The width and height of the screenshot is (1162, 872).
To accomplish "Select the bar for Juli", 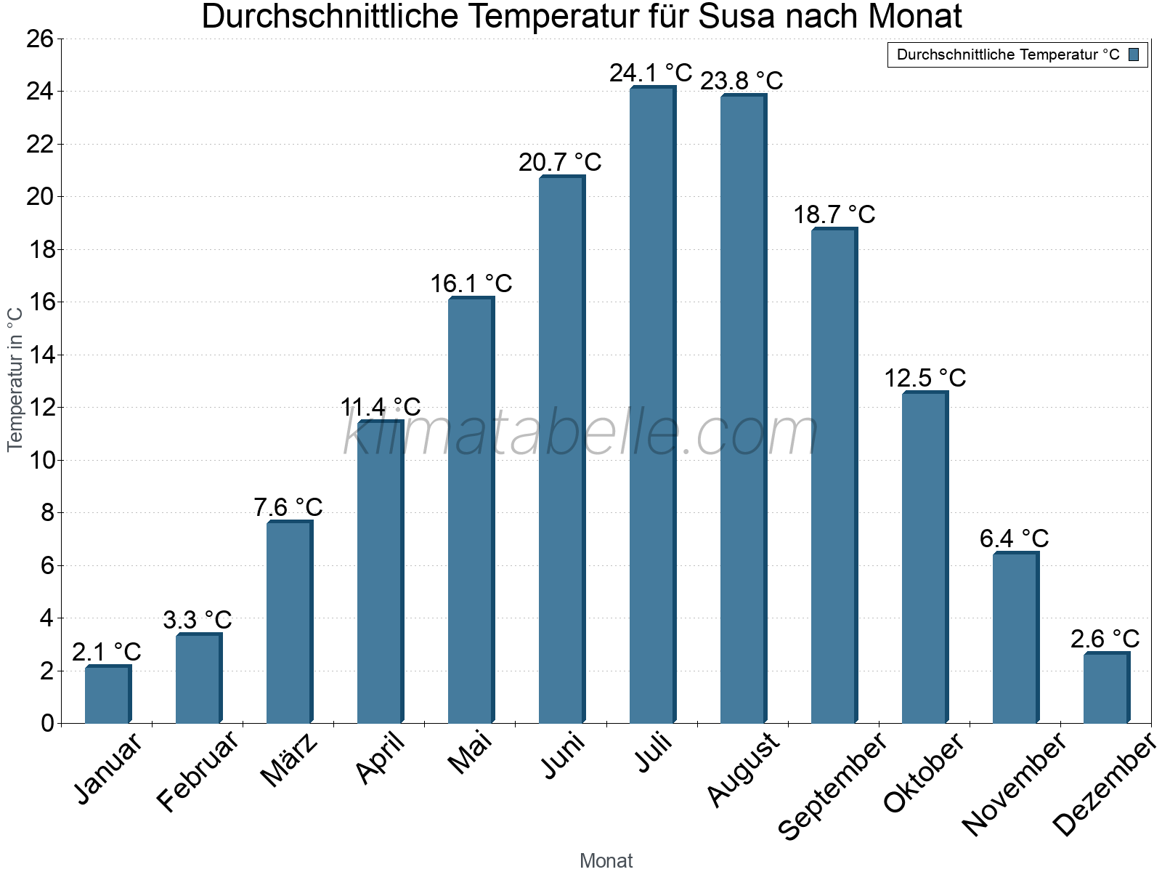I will point(652,405).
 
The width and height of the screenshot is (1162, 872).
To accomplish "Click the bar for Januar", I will point(107,695).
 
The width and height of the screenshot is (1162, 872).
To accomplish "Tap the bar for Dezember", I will point(1106,688).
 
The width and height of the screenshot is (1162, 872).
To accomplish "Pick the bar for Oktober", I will point(925,557).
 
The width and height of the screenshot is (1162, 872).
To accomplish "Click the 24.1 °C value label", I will point(651,73).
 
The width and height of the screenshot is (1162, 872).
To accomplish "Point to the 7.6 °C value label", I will point(288,507).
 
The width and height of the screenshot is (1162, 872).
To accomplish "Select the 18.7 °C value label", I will point(834,215).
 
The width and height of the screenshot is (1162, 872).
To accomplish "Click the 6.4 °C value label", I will point(1014,538).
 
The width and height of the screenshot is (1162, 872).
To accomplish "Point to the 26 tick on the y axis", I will point(40,39).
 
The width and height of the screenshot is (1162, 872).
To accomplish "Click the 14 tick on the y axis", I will point(40,355).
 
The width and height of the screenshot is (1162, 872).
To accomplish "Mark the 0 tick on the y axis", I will point(47,723).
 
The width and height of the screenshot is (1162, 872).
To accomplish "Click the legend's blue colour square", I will point(1134,54).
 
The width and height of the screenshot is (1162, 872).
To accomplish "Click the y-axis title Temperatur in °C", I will point(15,379).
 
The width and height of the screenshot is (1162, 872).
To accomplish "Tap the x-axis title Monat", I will point(606,860).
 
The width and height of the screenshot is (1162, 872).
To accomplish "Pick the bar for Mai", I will point(471,510).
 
